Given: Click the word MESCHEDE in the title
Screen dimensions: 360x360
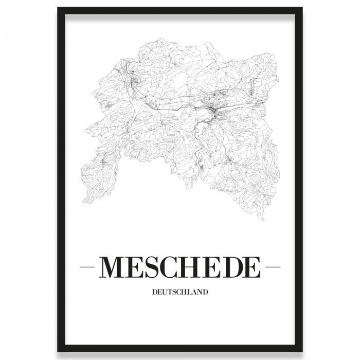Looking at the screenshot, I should pyautogui.click(x=180, y=267).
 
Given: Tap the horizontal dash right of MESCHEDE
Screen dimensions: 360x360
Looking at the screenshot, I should pyautogui.click(x=271, y=268).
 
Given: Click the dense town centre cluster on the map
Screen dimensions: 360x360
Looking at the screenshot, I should pyautogui.click(x=213, y=109).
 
